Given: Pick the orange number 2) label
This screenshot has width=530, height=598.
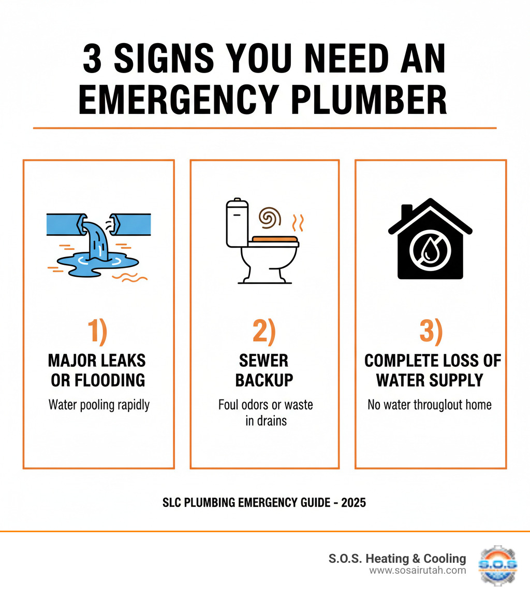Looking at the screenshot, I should click(x=264, y=332).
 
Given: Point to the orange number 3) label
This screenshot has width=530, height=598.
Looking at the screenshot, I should click(x=430, y=332).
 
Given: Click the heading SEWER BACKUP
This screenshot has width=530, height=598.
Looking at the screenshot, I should click(x=264, y=370).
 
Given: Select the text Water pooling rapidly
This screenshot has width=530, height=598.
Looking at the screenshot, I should click(x=99, y=405).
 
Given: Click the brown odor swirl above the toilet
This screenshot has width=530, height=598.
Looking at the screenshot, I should click(x=269, y=218).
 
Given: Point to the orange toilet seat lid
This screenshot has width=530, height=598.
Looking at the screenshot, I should click(x=274, y=239).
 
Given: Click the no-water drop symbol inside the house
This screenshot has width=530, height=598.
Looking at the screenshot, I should click(x=430, y=249).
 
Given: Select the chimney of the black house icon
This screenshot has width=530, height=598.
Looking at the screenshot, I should click(x=407, y=212).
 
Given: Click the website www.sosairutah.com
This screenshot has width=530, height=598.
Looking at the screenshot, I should click(x=418, y=571).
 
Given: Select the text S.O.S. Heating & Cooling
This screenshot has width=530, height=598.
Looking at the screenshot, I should click(x=397, y=559).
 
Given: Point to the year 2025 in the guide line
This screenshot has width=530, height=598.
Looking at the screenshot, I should click(x=353, y=503).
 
